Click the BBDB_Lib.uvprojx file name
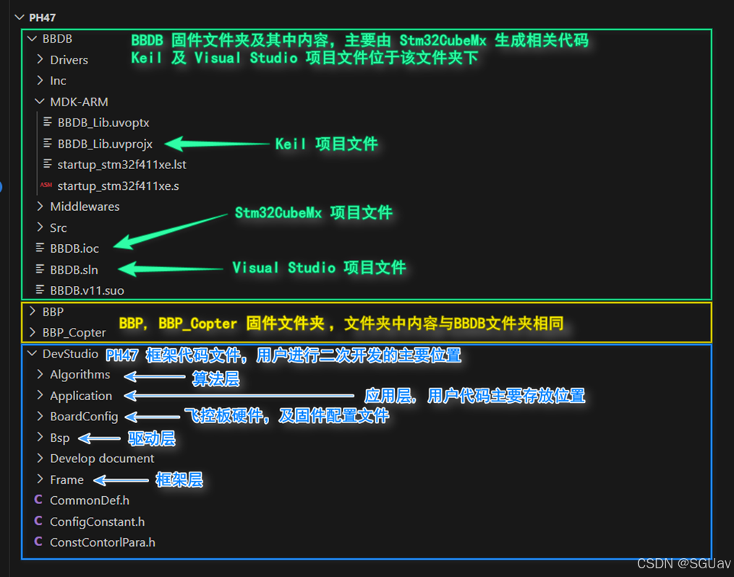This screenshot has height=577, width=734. pyautogui.click(x=105, y=144)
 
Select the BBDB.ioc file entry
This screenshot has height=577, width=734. pyautogui.click(x=74, y=248)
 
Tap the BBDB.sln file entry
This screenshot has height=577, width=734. pyautogui.click(x=74, y=269)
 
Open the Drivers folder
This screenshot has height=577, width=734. pyautogui.click(x=69, y=60)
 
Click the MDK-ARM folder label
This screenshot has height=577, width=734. pyautogui.click(x=79, y=102)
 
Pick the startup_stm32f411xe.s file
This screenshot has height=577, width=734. pyautogui.click(x=118, y=186)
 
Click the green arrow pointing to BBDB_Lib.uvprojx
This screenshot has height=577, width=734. pyautogui.click(x=217, y=144)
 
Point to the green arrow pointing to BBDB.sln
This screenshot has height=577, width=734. pyautogui.click(x=170, y=269)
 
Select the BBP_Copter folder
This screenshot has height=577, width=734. pyautogui.click(x=74, y=332)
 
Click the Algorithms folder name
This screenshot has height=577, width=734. pyautogui.click(x=80, y=375)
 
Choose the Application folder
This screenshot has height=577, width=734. pyautogui.click(x=81, y=396)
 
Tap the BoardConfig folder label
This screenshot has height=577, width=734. pyautogui.click(x=84, y=417)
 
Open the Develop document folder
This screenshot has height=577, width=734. pyautogui.click(x=102, y=459)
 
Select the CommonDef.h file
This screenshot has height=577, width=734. pyautogui.click(x=90, y=500)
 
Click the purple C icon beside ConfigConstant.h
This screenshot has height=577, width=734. pyautogui.click(x=38, y=521)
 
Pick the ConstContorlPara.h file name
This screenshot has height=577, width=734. pyautogui.click(x=103, y=542)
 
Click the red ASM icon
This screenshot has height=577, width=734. pyautogui.click(x=46, y=186)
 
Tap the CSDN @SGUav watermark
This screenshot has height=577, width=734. pyautogui.click(x=684, y=563)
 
